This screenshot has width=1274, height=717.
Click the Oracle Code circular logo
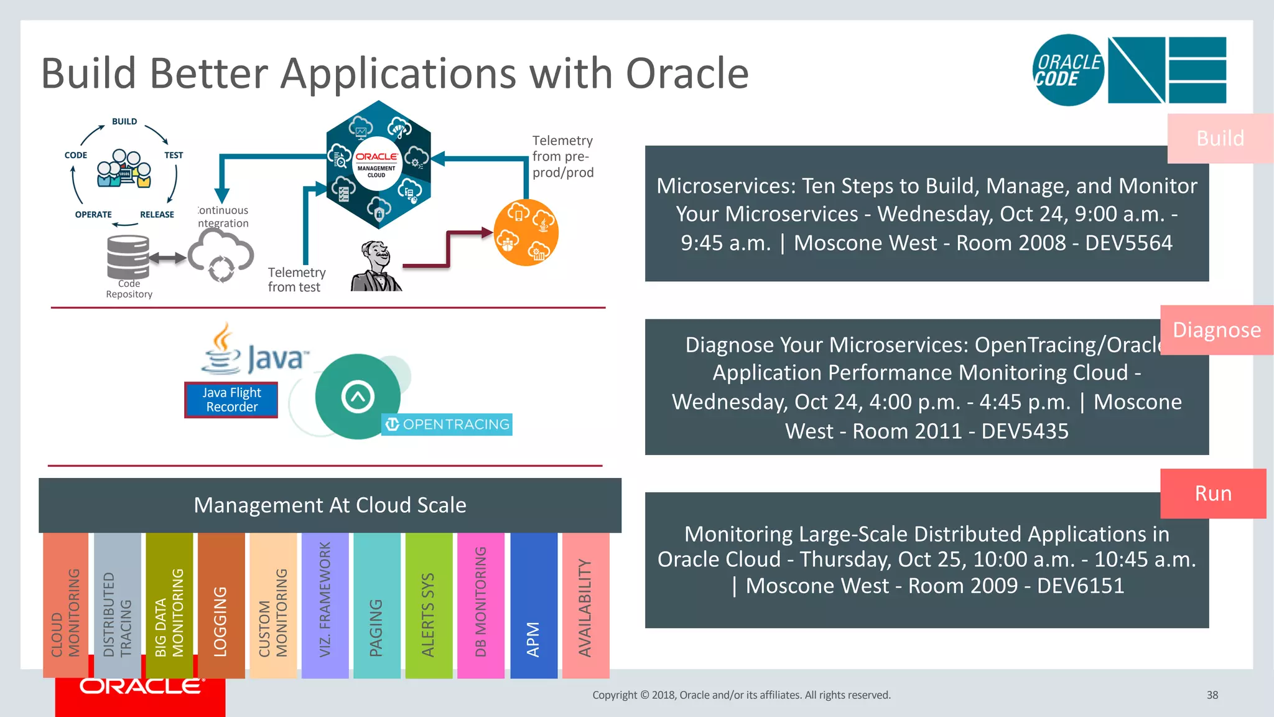[x=1068, y=70]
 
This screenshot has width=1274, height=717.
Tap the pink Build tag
[x=1219, y=138]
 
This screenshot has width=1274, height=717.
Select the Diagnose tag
[x=1216, y=330]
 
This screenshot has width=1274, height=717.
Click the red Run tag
[x=1212, y=494]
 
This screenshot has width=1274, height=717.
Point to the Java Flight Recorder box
[x=231, y=400]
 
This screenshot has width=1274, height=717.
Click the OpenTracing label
[x=447, y=424]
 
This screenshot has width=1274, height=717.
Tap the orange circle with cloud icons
[x=526, y=233]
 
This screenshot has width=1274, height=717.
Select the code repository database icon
[x=128, y=256]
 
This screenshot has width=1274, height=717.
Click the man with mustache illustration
[x=376, y=268]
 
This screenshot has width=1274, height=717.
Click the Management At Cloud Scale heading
[x=330, y=505]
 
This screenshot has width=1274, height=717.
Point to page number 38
[x=1212, y=695]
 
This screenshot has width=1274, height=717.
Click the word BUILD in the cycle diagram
[x=124, y=121]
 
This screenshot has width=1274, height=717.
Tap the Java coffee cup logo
[x=222, y=350]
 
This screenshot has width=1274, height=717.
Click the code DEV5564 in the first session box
[x=1128, y=243]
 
